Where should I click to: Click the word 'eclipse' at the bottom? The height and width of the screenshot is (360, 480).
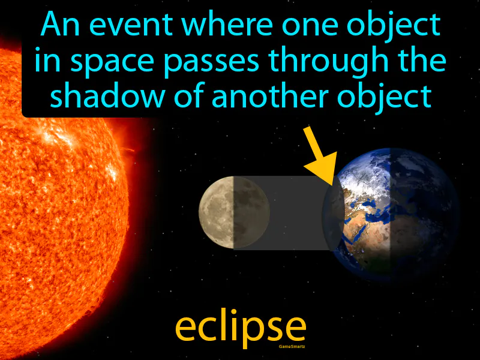click(240, 327)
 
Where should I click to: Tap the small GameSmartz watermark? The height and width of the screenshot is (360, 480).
click(293, 346)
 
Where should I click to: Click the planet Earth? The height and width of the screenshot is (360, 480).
click(390, 210)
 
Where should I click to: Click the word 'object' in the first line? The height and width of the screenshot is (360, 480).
click(401, 26)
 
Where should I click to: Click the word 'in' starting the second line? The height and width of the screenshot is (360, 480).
click(44, 61)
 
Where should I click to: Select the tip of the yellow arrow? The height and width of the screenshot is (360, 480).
click(334, 180)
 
